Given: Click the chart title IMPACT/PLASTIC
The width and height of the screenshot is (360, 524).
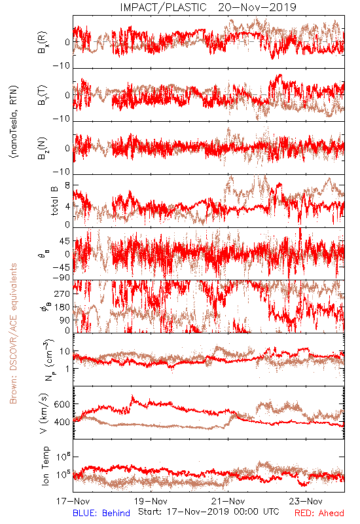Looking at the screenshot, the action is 163,7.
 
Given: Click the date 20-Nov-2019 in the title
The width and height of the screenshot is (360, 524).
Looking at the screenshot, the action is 257,7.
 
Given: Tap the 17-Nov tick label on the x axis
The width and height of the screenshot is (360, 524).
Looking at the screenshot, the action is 73,501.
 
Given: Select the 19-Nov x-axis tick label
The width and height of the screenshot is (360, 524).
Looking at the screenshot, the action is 151,501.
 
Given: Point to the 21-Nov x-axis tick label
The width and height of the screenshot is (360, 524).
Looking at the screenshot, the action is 228,501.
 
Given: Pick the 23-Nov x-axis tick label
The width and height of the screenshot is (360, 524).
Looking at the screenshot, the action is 306,501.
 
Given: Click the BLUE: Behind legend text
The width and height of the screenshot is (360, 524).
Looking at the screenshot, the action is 101,514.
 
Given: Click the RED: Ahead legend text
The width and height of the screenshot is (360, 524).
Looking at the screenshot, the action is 319,514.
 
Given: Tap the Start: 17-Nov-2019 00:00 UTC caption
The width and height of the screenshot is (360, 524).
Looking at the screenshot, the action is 209,512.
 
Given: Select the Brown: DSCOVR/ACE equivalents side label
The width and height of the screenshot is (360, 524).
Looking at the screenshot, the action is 13,333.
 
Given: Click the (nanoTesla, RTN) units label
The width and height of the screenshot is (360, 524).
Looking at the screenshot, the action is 14,122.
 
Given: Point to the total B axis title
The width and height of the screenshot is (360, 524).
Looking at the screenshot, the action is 54,201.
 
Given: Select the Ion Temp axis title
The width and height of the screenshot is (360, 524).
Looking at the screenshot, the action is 45,466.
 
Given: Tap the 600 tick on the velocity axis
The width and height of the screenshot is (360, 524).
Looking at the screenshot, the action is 62,404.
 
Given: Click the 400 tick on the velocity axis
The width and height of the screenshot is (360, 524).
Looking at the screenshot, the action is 62,422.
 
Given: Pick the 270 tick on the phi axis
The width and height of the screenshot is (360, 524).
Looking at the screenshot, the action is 62,293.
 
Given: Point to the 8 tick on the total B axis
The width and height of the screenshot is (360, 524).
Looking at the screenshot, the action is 67,185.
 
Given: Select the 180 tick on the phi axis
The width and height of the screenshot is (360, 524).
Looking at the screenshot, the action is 62,307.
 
